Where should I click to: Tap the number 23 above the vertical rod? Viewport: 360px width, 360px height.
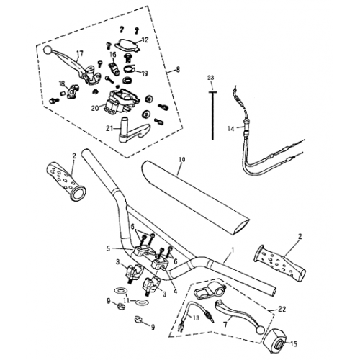coord(211,77)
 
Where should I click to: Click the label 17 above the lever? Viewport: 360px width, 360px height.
coord(80,53)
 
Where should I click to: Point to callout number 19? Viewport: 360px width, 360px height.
coord(144,73)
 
